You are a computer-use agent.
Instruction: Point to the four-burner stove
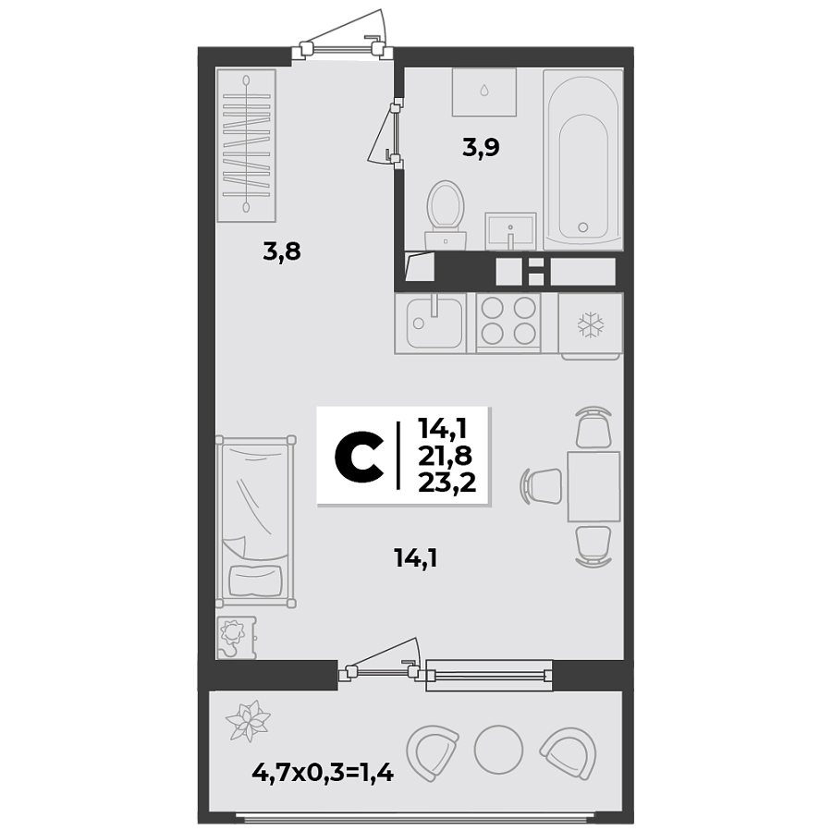click(508, 321)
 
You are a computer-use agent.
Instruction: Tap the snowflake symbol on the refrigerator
click(591, 324)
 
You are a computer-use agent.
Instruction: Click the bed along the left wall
click(254, 522)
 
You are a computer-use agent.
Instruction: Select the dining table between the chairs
click(593, 486)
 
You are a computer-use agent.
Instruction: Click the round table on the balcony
click(498, 749)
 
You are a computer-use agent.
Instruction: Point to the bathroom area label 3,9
click(481, 147)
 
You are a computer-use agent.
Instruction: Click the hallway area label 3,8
click(282, 251)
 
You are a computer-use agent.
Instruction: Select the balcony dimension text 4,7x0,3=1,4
click(323, 773)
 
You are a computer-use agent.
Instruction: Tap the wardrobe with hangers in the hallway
click(247, 145)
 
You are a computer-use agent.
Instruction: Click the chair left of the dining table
click(543, 483)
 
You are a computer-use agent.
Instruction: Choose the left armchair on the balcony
click(433, 750)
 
